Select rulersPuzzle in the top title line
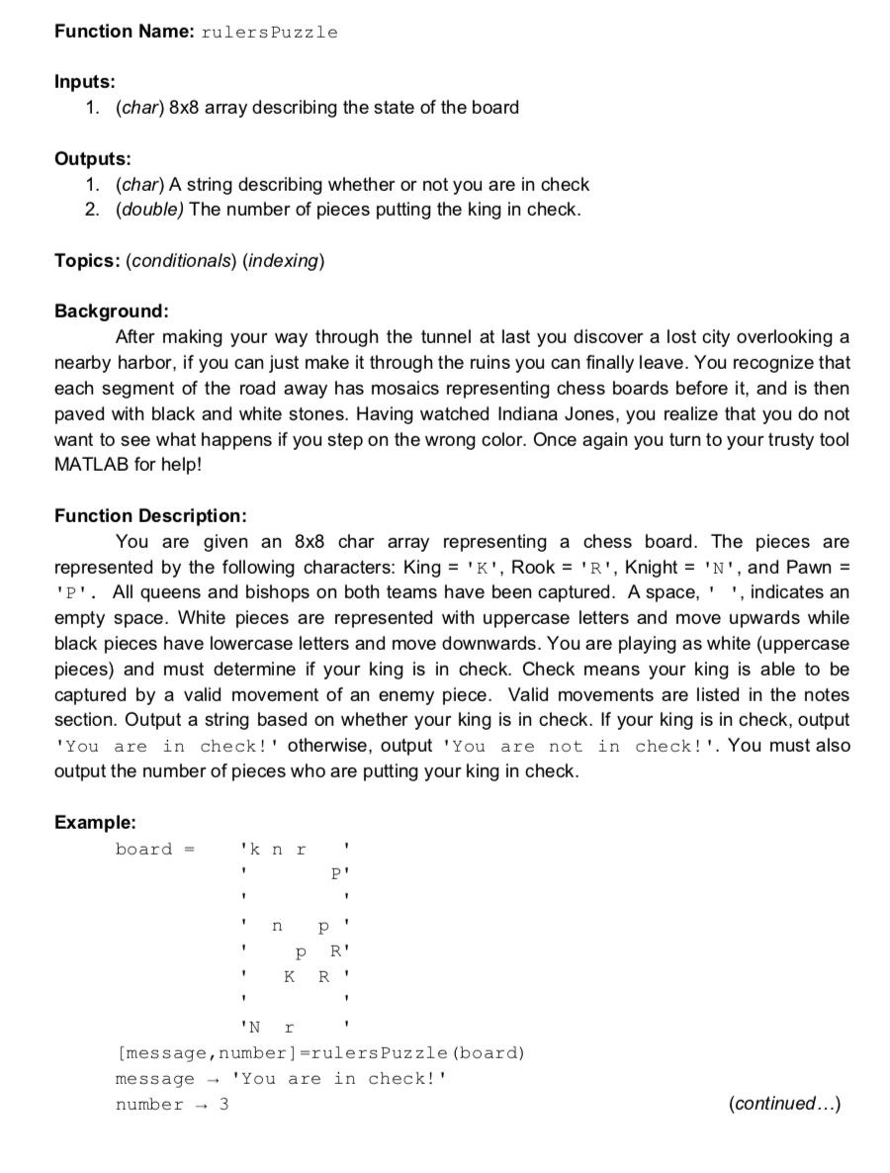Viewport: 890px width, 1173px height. point(269,33)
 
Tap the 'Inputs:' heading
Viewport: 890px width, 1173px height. point(85,82)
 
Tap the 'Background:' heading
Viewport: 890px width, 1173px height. point(112,312)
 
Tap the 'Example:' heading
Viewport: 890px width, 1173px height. point(96,823)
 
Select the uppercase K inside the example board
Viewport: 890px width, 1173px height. point(289,977)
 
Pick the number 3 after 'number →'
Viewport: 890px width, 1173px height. point(223,1105)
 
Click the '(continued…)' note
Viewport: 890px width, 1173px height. point(784,1104)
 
